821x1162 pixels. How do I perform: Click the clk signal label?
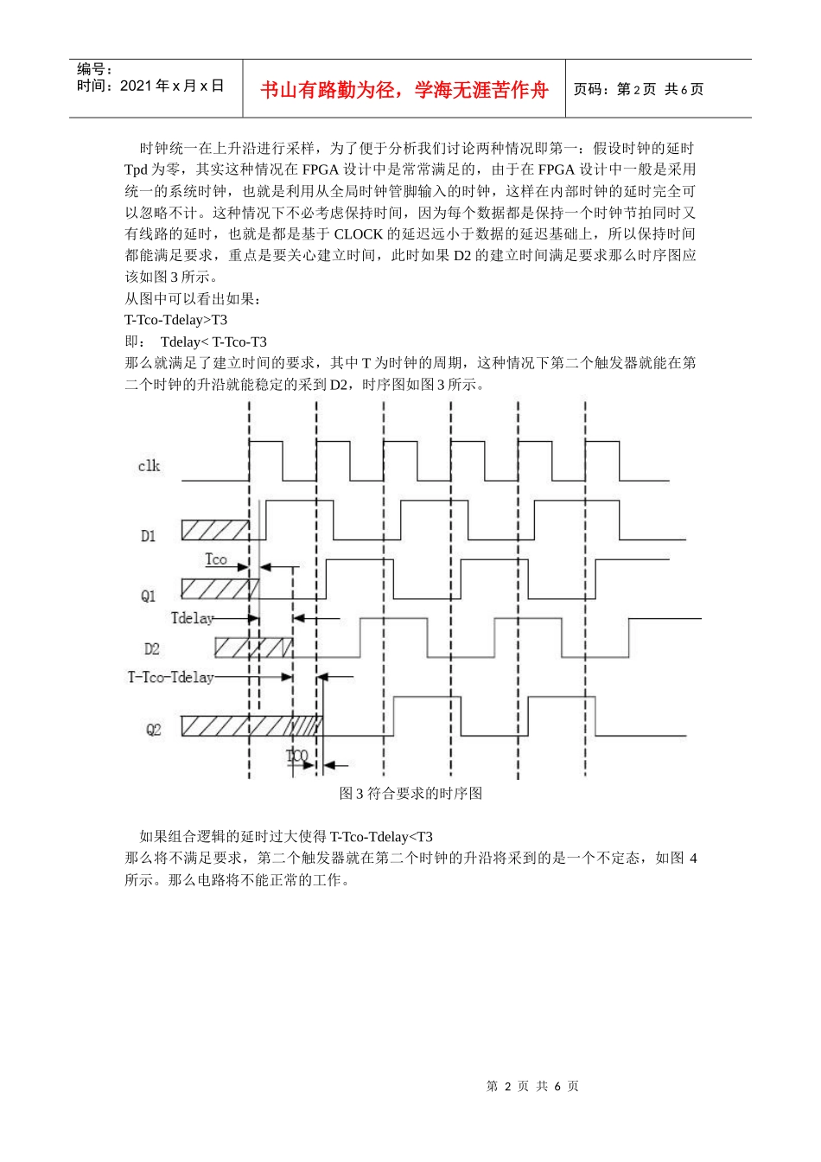[x=149, y=466]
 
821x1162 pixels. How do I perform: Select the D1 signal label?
[x=149, y=536]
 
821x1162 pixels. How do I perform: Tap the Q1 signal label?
[x=149, y=596]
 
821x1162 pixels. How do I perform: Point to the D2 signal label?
[x=151, y=648]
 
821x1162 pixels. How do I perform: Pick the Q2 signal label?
[x=153, y=730]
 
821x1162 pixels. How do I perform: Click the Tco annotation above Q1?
[x=216, y=559]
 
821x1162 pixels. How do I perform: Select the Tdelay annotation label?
[x=192, y=618]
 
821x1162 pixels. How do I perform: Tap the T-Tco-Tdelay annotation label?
[x=171, y=677]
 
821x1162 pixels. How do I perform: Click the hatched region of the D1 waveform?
[x=215, y=530]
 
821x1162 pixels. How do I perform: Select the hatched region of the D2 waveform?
[x=253, y=647]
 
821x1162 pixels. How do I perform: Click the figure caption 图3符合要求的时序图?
[x=410, y=793]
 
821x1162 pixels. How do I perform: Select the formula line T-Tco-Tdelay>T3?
[x=176, y=320]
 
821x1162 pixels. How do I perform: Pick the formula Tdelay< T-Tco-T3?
[x=213, y=342]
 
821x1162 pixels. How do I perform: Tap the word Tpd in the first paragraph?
[x=136, y=169]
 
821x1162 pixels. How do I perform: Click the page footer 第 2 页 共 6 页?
[x=532, y=1086]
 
